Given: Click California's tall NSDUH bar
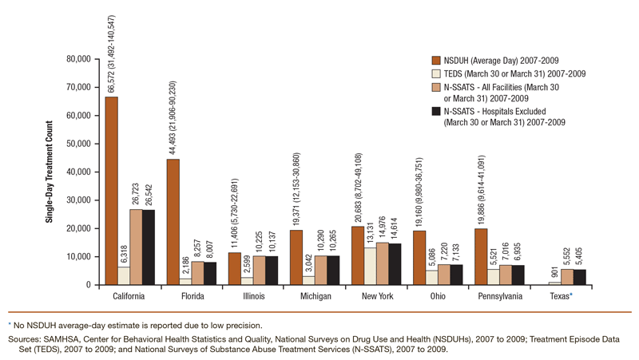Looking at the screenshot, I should (x=111, y=191).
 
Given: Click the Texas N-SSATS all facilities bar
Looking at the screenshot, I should (x=566, y=276).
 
